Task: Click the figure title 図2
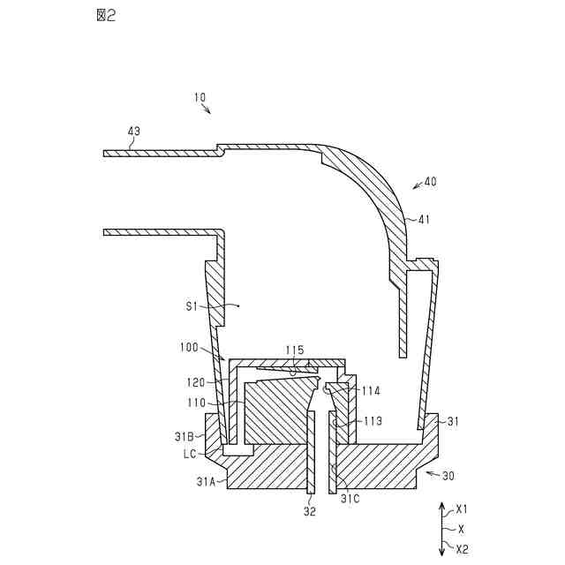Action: [x=105, y=15]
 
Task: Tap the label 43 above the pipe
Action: [x=133, y=132]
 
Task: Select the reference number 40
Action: [x=430, y=182]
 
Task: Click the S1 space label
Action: [x=192, y=305]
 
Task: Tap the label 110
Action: [x=197, y=403]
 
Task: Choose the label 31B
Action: [x=184, y=436]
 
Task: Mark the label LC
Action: [x=188, y=454]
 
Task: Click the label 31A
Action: [x=206, y=481]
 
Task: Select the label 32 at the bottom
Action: [x=310, y=510]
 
